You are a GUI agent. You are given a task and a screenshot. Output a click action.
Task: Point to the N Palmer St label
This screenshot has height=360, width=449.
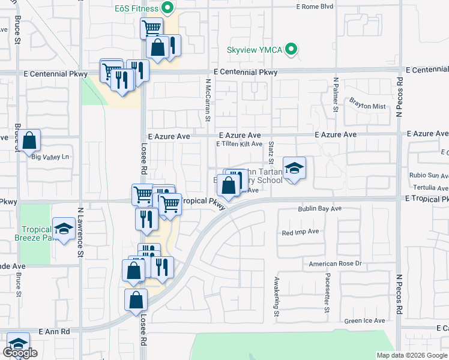pyautogui.click(x=336, y=95)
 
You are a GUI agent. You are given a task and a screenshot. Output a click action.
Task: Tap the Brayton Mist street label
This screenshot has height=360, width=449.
pyautogui.click(x=367, y=106)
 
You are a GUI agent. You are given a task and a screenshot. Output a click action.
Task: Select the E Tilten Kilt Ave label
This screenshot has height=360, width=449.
pyautogui.click(x=239, y=144)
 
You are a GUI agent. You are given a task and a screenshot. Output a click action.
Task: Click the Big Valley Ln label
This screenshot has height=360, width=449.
pyautogui.click(x=50, y=157)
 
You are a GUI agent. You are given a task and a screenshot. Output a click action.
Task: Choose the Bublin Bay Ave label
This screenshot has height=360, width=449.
pyautogui.click(x=320, y=209)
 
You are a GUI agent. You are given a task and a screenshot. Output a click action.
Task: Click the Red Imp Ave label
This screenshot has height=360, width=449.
pyautogui.click(x=300, y=231)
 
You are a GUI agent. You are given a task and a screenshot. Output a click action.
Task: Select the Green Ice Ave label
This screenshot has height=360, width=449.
pyautogui.click(x=364, y=321)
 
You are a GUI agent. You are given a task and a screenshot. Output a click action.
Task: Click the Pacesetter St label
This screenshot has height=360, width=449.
pyautogui.click(x=327, y=292)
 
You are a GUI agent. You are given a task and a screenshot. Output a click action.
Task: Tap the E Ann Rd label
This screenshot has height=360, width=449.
pyautogui.click(x=55, y=331)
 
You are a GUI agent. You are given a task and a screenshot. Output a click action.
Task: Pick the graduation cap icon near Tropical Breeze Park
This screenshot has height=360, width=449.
pyautogui.click(x=63, y=228)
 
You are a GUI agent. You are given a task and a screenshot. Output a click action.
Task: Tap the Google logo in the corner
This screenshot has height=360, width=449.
pyautogui.click(x=20, y=353)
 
